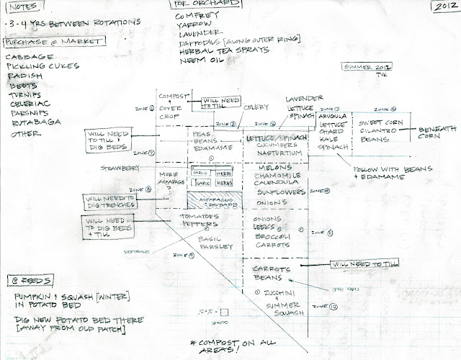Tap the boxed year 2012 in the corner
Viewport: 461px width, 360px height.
point(444,8)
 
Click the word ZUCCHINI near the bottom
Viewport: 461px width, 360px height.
point(279,293)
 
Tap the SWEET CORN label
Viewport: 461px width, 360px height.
point(376,123)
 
